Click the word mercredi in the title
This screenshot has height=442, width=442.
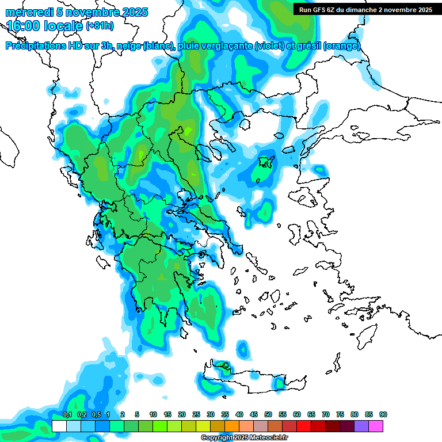[28, 12]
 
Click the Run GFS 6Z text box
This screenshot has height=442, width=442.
[365, 10]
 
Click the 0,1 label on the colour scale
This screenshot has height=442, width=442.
[67, 415]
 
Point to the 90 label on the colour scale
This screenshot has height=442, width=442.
[383, 415]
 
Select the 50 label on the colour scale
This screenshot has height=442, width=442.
[268, 415]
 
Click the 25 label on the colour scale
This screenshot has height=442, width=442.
[196, 415]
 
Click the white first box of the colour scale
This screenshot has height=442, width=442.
[59, 426]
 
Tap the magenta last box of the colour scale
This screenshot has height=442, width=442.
[376, 426]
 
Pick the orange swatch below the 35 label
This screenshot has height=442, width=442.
[232, 426]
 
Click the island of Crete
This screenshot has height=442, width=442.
[253, 380]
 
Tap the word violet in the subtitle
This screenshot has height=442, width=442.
[268, 46]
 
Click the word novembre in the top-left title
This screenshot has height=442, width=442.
[90, 12]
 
